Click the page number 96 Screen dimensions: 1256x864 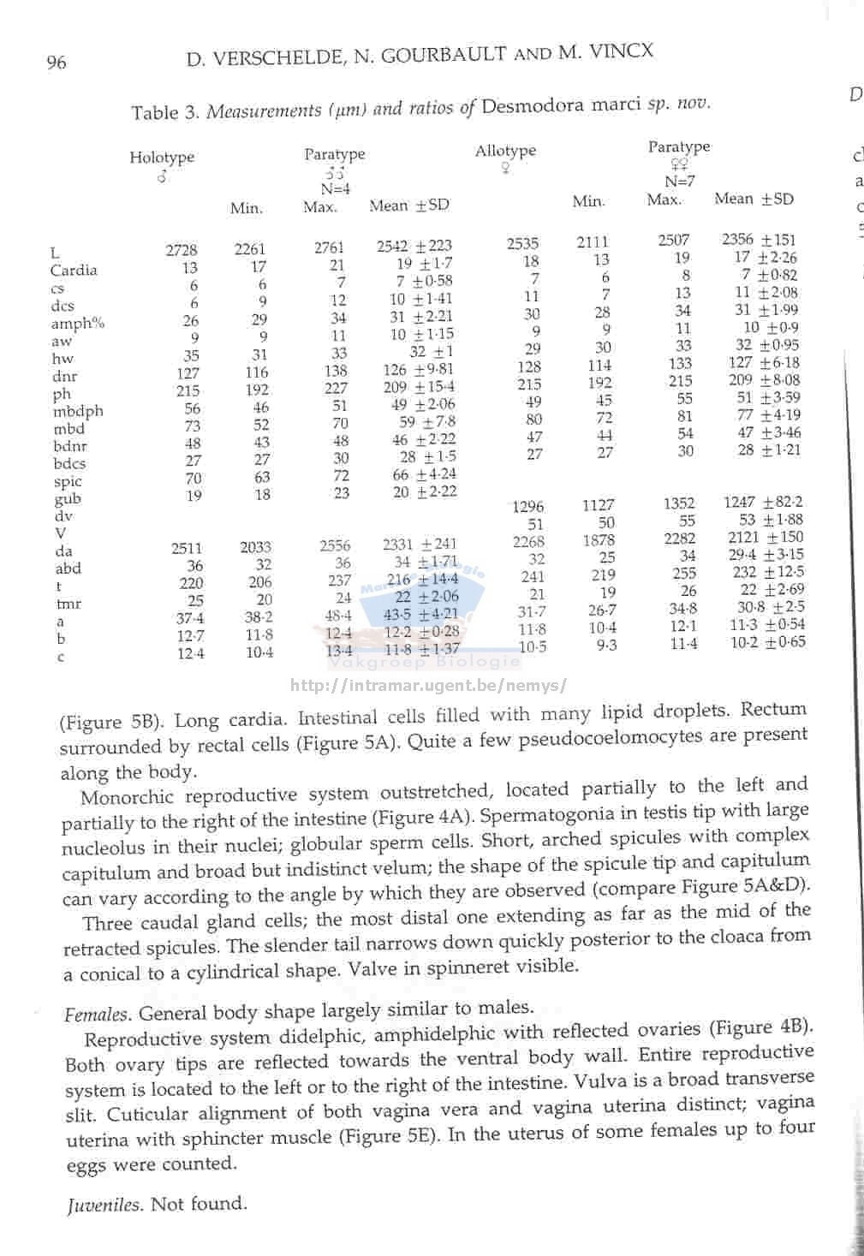(56, 62)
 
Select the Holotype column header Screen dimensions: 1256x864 (162, 158)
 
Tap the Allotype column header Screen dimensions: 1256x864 (505, 152)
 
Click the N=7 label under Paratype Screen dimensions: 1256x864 (680, 182)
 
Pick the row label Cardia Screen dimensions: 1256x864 (74, 271)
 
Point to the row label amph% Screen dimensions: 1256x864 (77, 324)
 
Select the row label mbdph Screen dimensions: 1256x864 (78, 411)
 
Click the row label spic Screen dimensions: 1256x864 (68, 481)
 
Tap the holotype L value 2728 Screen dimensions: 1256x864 (182, 250)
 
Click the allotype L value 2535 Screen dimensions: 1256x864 (522, 244)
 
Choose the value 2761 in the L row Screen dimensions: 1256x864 (329, 247)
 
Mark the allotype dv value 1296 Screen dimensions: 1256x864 (527, 506)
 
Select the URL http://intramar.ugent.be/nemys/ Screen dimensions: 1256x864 (428, 686)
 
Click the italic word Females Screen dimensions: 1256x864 (97, 1015)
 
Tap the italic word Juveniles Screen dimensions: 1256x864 (103, 1205)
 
